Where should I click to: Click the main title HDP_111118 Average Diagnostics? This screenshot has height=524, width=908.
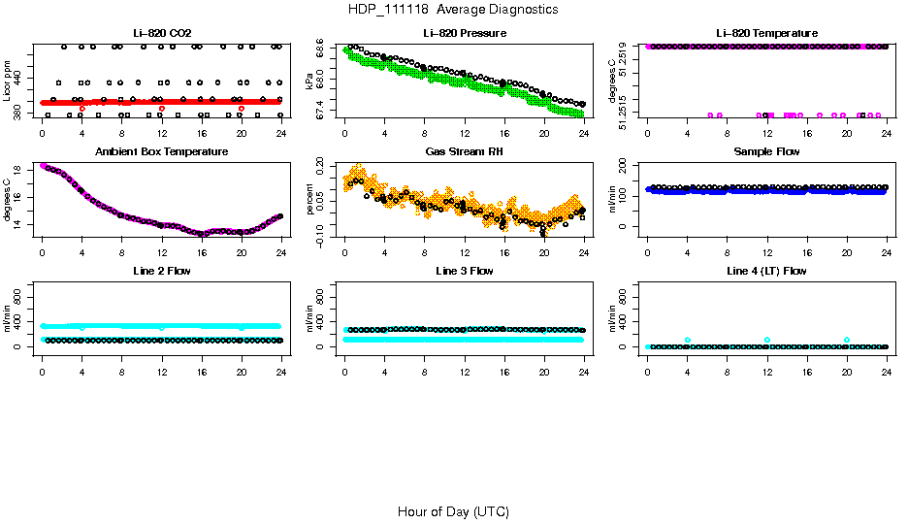click(x=453, y=10)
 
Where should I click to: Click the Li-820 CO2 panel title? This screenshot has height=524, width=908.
click(x=161, y=34)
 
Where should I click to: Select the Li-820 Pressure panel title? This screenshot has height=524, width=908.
click(x=465, y=34)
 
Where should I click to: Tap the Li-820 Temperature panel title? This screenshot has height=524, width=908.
click(x=766, y=34)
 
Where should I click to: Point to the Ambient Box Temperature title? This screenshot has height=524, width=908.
click(x=161, y=152)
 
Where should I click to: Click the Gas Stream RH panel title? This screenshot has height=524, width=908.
click(x=465, y=152)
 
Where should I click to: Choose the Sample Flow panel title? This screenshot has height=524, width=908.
click(x=766, y=152)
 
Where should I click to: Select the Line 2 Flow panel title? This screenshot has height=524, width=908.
click(x=161, y=271)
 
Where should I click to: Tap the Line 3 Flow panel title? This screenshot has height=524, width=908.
click(x=465, y=271)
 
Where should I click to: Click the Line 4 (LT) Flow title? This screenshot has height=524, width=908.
click(x=766, y=271)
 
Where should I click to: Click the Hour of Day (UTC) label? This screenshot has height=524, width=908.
click(x=453, y=511)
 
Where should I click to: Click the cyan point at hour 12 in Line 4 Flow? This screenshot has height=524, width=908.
click(x=767, y=340)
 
